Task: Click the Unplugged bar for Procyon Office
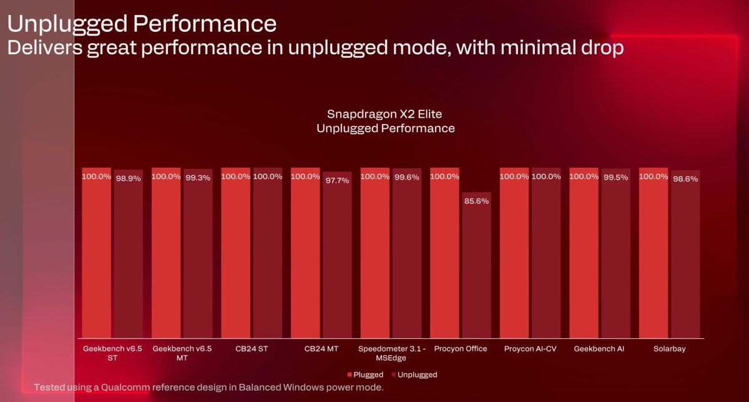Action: coord(476,268)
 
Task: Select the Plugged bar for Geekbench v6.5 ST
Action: coord(97,256)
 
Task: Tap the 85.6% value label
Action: coord(476,201)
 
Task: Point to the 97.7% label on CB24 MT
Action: coord(337,180)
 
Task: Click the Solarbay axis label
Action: coord(669,349)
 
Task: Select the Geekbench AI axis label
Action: coord(599,349)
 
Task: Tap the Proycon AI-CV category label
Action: coord(530,349)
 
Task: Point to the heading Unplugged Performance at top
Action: coord(142,24)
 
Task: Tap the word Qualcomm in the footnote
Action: coord(123,387)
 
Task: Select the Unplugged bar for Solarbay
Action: coord(685,256)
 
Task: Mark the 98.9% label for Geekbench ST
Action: coord(128,178)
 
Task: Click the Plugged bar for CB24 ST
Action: coord(236,256)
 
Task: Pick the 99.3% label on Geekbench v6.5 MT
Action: coord(198,178)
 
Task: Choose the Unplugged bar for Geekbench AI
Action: coord(615,256)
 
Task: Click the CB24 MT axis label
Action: coord(321,349)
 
